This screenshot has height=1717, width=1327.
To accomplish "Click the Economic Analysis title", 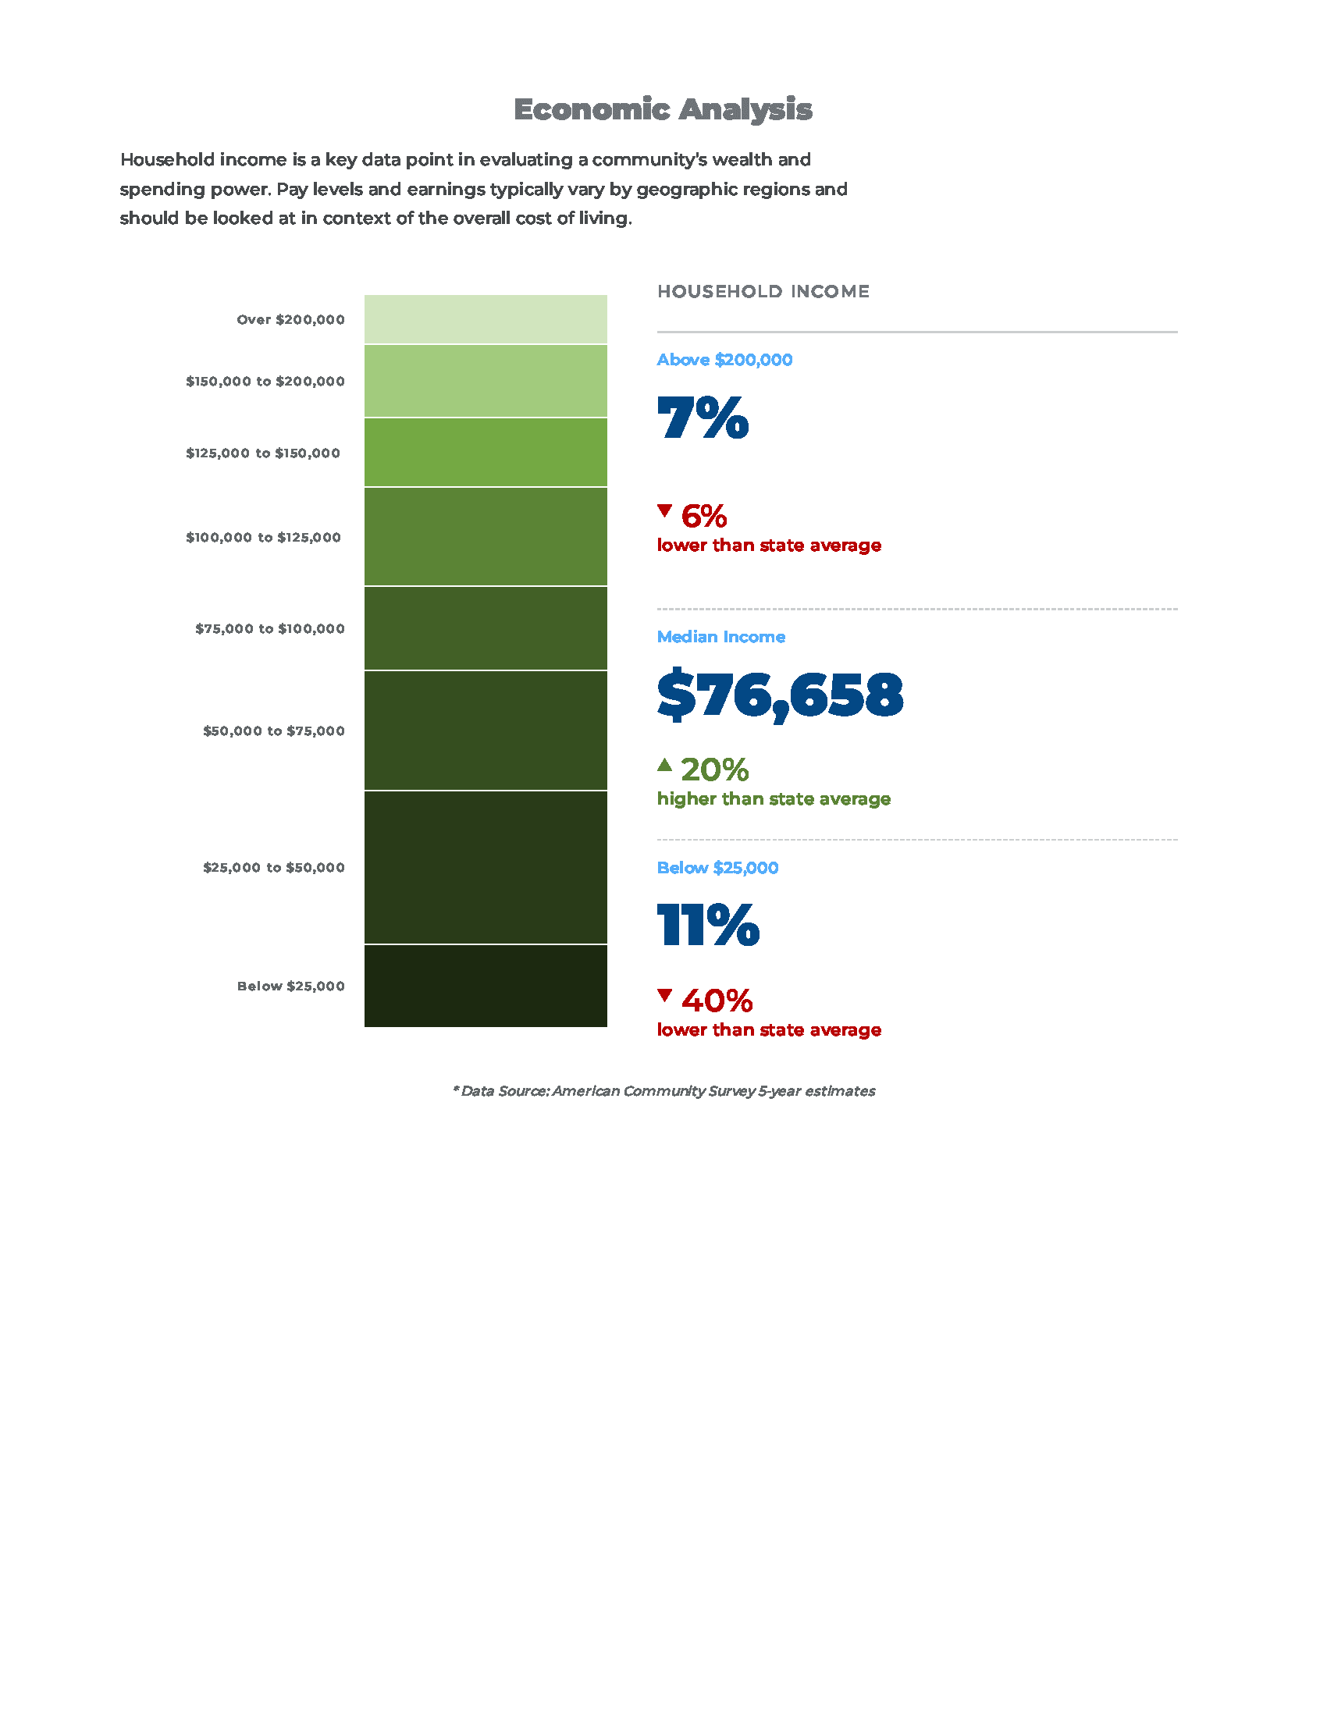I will pyautogui.click(x=662, y=109).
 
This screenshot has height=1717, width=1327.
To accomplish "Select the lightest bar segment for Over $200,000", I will pyautogui.click(x=485, y=319).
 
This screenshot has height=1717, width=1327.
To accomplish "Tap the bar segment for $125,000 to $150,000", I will pyautogui.click(x=485, y=452).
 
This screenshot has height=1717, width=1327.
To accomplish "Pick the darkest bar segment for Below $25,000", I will pyautogui.click(x=485, y=985).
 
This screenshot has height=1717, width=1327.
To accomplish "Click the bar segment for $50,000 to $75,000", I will pyautogui.click(x=485, y=731).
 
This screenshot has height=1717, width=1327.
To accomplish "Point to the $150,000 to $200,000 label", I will pyautogui.click(x=265, y=382).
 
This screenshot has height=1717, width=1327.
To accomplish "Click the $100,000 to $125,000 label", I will pyautogui.click(x=263, y=538).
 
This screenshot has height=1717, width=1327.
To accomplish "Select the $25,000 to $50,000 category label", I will pyautogui.click(x=273, y=868).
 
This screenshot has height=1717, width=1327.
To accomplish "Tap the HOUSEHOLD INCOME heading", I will pyautogui.click(x=763, y=292).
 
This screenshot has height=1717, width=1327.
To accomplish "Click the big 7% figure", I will pyautogui.click(x=702, y=418).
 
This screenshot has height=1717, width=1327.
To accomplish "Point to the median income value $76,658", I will pyautogui.click(x=780, y=695).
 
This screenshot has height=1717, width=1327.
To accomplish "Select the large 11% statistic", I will pyautogui.click(x=707, y=926).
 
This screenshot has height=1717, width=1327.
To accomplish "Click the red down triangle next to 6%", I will pyautogui.click(x=664, y=511).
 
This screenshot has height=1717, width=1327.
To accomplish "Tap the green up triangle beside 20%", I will pyautogui.click(x=664, y=764).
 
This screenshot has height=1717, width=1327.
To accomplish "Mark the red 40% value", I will pyautogui.click(x=716, y=1001).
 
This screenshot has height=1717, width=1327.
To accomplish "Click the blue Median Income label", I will pyautogui.click(x=720, y=637).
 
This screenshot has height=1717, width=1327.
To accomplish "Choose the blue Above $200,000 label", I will pyautogui.click(x=724, y=360).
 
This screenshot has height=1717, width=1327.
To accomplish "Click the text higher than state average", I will pyautogui.click(x=774, y=798).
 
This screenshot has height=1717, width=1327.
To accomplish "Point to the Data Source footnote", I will pyautogui.click(x=663, y=1091).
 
